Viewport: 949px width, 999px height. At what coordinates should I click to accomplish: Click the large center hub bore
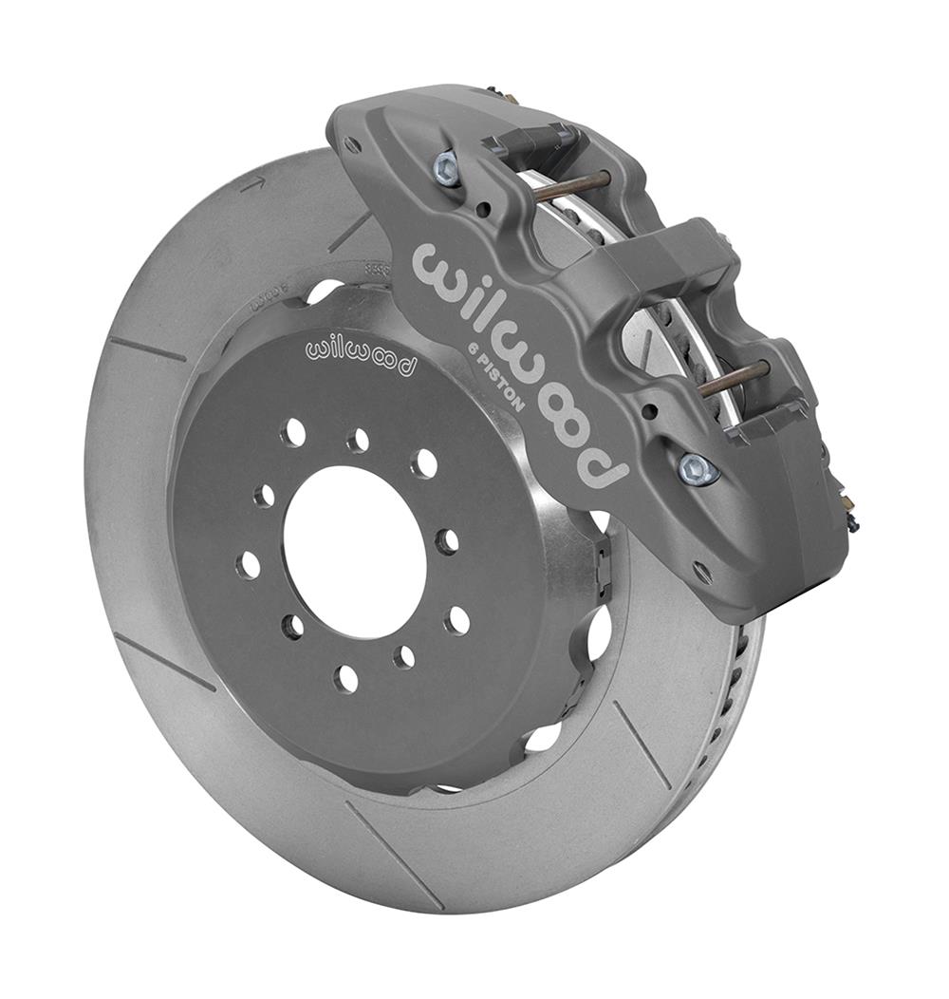[354, 552]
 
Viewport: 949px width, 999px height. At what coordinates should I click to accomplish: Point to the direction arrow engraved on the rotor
[251, 185]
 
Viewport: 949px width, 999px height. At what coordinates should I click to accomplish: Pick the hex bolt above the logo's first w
[446, 168]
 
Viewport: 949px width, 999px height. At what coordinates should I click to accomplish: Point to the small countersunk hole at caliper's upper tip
[353, 144]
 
